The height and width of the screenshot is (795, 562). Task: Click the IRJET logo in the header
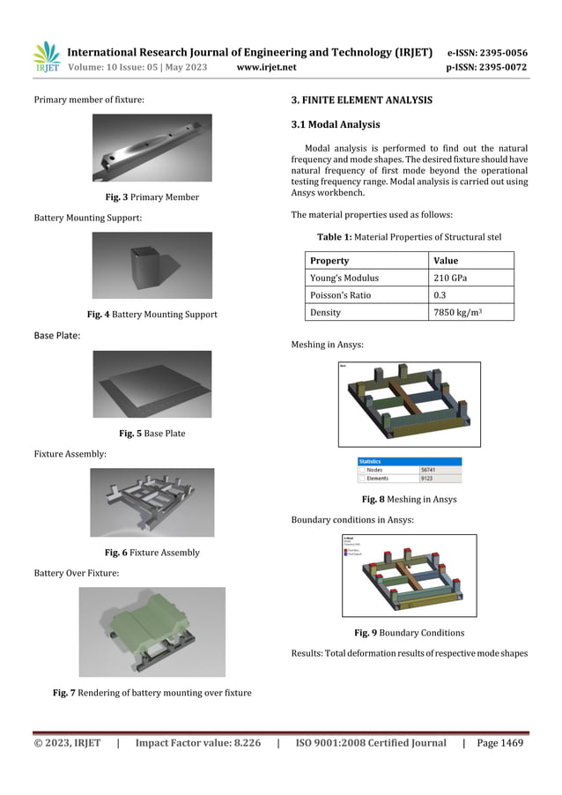point(46,57)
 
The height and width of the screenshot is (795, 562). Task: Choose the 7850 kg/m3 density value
point(460,312)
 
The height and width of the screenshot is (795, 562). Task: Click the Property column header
point(329,261)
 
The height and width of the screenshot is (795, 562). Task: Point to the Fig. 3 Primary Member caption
point(152,197)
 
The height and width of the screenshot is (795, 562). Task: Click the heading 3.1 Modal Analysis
point(329,125)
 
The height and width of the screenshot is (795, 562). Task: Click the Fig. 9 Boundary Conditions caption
point(409,633)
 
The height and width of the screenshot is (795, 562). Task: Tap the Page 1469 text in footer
point(499,743)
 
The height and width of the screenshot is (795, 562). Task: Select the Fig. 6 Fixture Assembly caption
point(152,553)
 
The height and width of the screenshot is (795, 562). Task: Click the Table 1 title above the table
point(410,236)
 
